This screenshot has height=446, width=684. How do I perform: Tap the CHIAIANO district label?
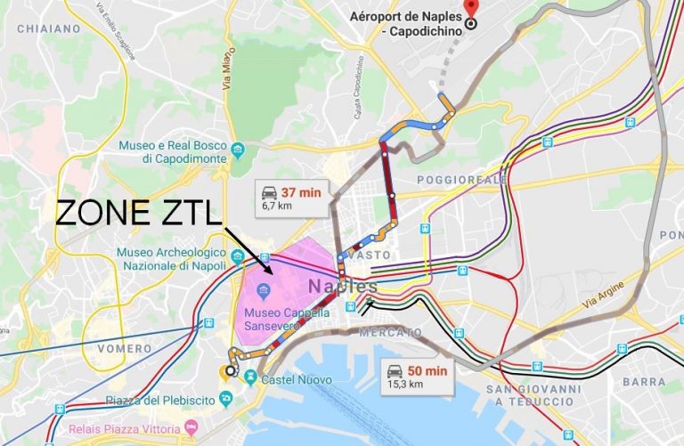44,28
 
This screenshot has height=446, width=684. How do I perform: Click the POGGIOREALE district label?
462,180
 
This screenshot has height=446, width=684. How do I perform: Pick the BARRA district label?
643,381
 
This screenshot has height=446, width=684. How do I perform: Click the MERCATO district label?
391,332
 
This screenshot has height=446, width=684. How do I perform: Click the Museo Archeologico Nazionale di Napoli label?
172,258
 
